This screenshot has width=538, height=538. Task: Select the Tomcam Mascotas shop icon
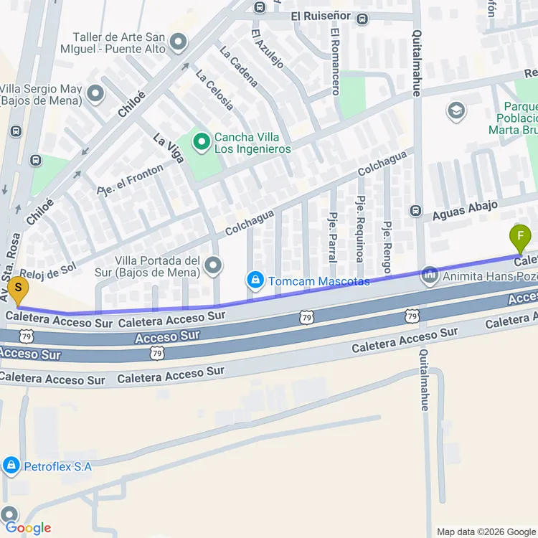(x=254, y=280)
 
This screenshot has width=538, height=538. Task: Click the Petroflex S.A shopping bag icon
(x=11, y=466)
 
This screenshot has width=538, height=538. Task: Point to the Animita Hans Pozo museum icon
(x=430, y=274)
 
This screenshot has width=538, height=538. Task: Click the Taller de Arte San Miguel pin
(x=179, y=42)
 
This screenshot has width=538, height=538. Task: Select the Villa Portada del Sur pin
(x=213, y=265)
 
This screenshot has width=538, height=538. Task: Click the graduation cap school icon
(x=456, y=111)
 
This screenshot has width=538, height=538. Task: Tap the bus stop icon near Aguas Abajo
(x=415, y=211)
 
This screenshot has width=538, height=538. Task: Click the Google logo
(x=29, y=528)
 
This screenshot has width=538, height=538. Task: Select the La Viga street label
(x=169, y=149)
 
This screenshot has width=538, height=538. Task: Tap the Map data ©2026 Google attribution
(x=486, y=532)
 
